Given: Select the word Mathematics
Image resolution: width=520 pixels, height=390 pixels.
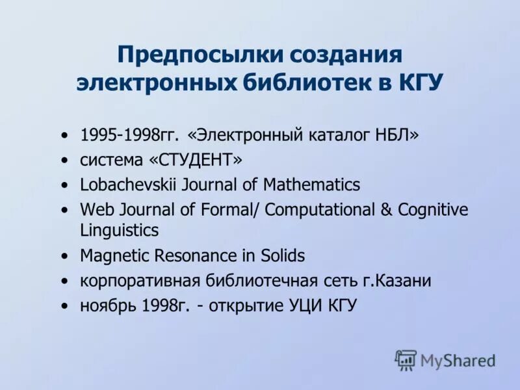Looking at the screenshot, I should (311, 185).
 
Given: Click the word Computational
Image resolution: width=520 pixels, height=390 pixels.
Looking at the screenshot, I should (320, 210).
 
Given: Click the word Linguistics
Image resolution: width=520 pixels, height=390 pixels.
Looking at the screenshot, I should (119, 230).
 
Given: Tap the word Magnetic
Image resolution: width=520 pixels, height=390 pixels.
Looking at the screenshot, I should (113, 256).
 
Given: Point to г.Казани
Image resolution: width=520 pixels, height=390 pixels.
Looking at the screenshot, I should (398, 281).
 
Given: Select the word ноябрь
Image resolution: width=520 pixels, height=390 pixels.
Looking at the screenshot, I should (103, 306).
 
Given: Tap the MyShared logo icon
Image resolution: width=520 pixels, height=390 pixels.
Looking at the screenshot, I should (406, 359).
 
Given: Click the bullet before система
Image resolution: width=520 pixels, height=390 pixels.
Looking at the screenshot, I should (64, 161).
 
